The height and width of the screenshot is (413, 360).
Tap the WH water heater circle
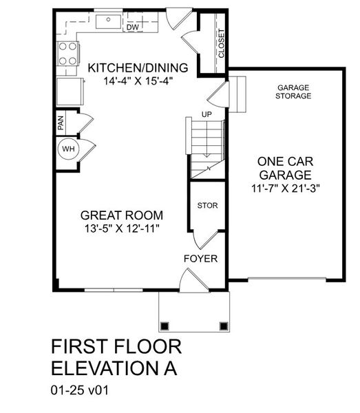click(x=68, y=149)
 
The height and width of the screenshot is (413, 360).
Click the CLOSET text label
click(x=221, y=43)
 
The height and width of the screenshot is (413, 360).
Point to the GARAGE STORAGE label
click(x=293, y=92)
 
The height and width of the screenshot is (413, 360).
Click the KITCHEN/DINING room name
click(x=137, y=67)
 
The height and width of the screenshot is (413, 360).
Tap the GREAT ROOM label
click(x=120, y=214)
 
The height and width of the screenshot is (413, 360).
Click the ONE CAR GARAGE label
click(x=285, y=168)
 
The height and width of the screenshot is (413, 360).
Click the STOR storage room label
click(x=207, y=205)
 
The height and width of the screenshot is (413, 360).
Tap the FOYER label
click(x=200, y=259)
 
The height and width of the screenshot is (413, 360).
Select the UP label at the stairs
click(x=206, y=114)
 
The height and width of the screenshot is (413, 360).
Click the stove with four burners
click(x=67, y=54)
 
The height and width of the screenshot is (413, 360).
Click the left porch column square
click(x=165, y=326)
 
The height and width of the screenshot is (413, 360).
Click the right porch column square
click(x=223, y=326)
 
